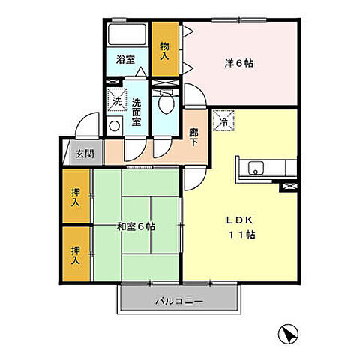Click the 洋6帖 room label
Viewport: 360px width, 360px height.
coord(239,63)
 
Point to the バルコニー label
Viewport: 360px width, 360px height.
coord(179,301)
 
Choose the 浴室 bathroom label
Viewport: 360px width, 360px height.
coord(125,60)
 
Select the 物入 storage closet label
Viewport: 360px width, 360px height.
coord(165,51)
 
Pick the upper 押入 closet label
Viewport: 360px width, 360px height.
coord(76,197)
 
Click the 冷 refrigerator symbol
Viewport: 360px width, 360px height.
coord(224,120)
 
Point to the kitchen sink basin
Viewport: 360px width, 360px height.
coord(253,169)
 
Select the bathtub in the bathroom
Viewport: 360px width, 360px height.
coord(127,35)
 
